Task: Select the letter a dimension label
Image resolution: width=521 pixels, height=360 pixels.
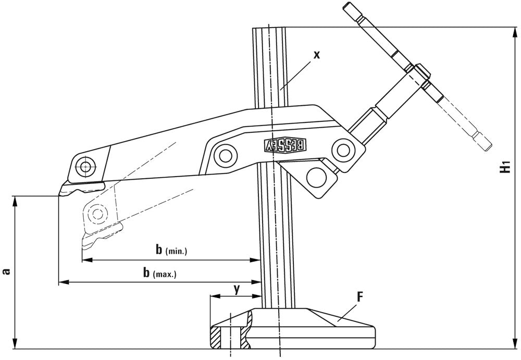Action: pos(6,271)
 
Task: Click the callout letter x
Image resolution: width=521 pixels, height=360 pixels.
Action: pos(316,54)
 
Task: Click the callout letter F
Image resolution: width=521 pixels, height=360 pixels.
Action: pos(359,297)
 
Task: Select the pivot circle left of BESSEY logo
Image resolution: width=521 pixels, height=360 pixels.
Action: pos(226,155)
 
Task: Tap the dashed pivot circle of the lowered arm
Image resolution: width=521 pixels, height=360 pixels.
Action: pos(97,213)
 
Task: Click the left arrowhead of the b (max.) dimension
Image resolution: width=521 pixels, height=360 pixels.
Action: pos(60,282)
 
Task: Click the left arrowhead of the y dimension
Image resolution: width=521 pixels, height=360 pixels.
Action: pos(212,296)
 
